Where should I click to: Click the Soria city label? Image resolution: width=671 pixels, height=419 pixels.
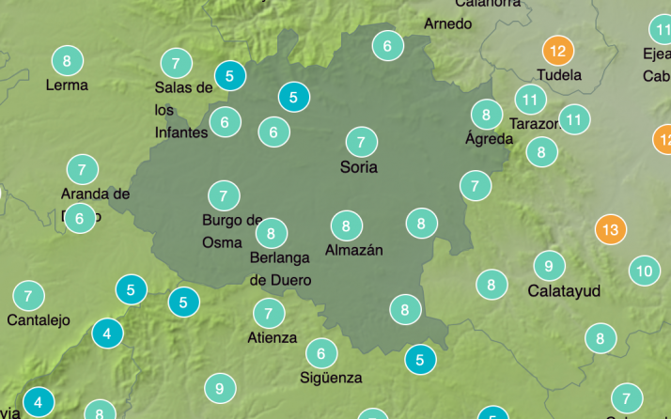359,167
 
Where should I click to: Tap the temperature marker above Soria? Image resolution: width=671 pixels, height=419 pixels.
361,142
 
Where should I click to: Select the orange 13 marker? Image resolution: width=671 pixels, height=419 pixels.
611,229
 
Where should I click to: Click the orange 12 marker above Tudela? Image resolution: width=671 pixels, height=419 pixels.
558,51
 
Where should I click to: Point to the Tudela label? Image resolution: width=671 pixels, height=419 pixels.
559,74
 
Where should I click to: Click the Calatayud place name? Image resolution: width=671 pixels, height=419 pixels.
564,291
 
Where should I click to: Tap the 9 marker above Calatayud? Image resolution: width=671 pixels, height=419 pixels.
549,265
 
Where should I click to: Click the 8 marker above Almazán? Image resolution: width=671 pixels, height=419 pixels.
347,225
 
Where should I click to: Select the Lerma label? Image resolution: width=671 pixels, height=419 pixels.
67,85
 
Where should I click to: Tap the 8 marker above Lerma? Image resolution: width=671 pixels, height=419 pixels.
66,61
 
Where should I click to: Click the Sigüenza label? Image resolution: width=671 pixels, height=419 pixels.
331,378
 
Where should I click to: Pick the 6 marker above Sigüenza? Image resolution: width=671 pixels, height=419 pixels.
321,353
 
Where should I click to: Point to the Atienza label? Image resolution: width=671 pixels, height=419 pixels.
272,338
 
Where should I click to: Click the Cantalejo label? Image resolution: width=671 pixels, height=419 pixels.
39,320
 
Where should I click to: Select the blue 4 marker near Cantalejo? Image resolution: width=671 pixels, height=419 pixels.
107,333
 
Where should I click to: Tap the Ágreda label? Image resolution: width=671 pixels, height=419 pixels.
490,139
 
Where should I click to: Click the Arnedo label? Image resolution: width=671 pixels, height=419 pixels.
448,23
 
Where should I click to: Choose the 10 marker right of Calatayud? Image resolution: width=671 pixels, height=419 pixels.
644,272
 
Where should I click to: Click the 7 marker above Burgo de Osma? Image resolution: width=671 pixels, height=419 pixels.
224,196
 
